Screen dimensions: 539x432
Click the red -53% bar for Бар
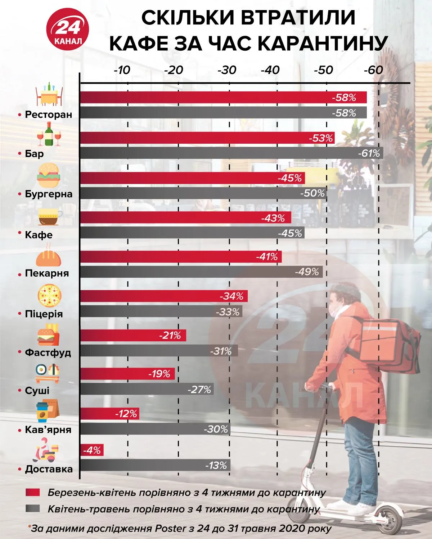207,138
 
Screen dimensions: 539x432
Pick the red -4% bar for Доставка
92,450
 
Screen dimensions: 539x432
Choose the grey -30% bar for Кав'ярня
155,429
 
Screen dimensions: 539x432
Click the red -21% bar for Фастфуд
133,336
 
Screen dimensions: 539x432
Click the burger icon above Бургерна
48,176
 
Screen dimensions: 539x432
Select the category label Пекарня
47,273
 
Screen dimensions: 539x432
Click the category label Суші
37,391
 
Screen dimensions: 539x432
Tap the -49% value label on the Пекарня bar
307,272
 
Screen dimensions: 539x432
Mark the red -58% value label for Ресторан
344,97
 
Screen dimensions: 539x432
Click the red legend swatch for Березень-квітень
33,492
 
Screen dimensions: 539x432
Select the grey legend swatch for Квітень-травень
33,509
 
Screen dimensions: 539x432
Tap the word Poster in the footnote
169,529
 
